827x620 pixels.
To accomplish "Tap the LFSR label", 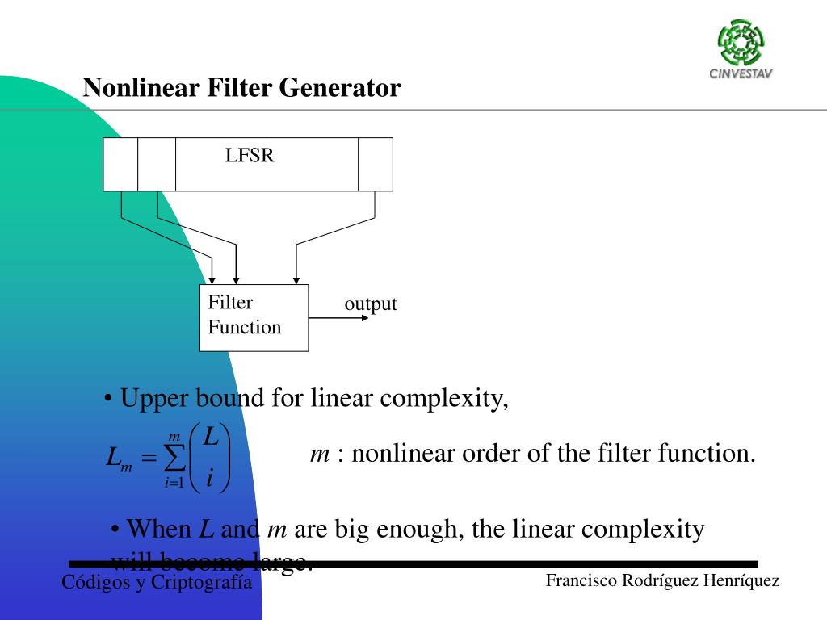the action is coord(250,156).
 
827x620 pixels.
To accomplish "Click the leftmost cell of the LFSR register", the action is coord(120,164).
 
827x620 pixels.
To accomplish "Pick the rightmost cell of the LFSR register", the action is coord(375,164).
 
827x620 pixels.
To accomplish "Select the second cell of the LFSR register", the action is coord(157,164).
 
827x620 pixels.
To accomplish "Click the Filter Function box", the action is coord(254,317).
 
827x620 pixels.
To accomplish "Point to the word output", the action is coord(371,304).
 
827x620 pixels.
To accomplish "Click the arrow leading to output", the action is coord(339,318).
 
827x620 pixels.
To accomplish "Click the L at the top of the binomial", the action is coord(210,438).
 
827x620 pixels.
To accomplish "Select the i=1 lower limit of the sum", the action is coord(175,484).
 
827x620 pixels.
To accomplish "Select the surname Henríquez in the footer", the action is coord(742,580).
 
